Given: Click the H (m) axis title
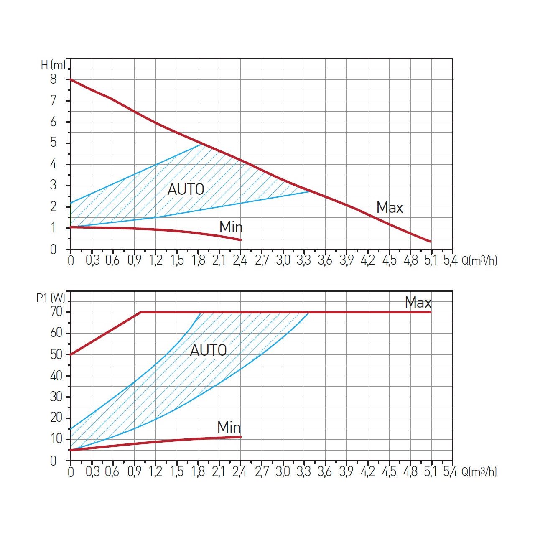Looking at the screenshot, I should [x=53, y=65].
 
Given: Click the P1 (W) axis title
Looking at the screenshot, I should [x=51, y=298].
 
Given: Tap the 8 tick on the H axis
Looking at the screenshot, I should [x=53, y=79].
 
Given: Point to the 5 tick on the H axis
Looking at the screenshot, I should [x=53, y=143].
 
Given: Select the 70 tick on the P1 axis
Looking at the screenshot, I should [x=56, y=312].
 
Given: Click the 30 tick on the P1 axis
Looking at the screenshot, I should [x=56, y=397].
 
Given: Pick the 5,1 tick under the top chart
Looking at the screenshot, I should [x=431, y=260].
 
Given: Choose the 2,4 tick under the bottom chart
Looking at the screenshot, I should [x=240, y=472].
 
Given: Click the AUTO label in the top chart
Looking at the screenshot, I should [x=186, y=189].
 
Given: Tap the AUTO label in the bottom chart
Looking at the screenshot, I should [x=208, y=350].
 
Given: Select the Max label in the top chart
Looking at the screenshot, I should [x=390, y=207].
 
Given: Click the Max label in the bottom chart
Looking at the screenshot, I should [x=418, y=302].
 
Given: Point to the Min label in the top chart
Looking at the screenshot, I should [x=231, y=227].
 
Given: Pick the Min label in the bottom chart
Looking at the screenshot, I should [x=229, y=427].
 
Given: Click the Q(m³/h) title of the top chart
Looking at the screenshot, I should [x=479, y=260].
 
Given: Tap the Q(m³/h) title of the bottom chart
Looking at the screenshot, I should [x=479, y=472].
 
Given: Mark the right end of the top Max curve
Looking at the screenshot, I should [x=430, y=241].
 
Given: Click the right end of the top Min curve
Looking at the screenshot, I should [x=241, y=240].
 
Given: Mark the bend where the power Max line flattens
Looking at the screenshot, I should [x=141, y=312].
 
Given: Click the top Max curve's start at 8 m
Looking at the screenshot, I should [x=71, y=79].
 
